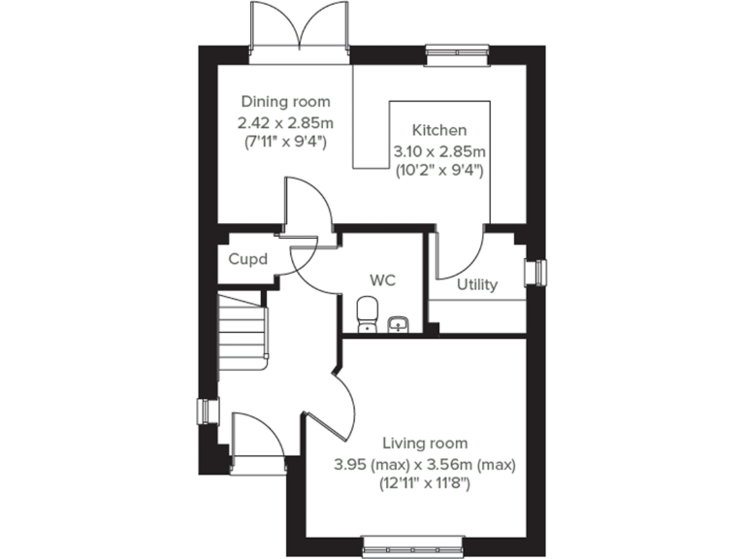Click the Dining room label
click(285, 102)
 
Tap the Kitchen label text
click(438, 130)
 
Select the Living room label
click(424, 443)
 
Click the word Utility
click(477, 284)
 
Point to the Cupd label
click(247, 260)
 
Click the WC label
click(382, 279)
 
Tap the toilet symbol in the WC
click(366, 314)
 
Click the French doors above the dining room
click(300, 34)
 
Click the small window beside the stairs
click(206, 411)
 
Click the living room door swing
click(335, 408)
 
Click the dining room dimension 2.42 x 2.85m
click(285, 122)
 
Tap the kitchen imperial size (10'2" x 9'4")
click(438, 170)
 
